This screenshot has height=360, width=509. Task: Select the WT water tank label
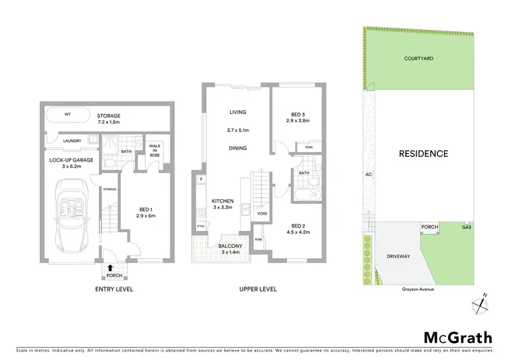68,115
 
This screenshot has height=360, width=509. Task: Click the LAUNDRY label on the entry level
72,141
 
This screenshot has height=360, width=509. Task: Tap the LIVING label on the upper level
238,112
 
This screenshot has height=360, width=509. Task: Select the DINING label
238,148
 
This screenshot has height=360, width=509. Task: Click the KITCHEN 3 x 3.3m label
224,204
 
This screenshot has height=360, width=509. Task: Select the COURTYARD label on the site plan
418,59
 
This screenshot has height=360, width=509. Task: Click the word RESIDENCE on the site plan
423,154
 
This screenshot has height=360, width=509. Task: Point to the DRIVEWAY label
398,256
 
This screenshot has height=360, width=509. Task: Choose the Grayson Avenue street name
417,289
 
